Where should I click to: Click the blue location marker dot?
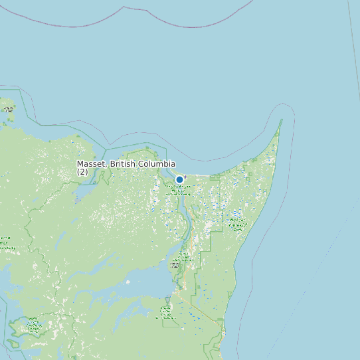pyautogui.click(x=179, y=179)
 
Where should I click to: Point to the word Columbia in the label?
pyautogui.click(x=157, y=164)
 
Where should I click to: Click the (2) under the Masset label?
pyautogui.click(x=82, y=172)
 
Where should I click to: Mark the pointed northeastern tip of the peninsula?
pyautogui.click(x=281, y=120)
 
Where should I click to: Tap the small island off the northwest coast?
pyautogui.click(x=8, y=108)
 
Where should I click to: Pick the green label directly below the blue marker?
pyautogui.click(x=179, y=190)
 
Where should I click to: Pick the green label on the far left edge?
pyautogui.click(x=4, y=242)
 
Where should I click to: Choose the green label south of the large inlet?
pyautogui.click(x=165, y=312)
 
